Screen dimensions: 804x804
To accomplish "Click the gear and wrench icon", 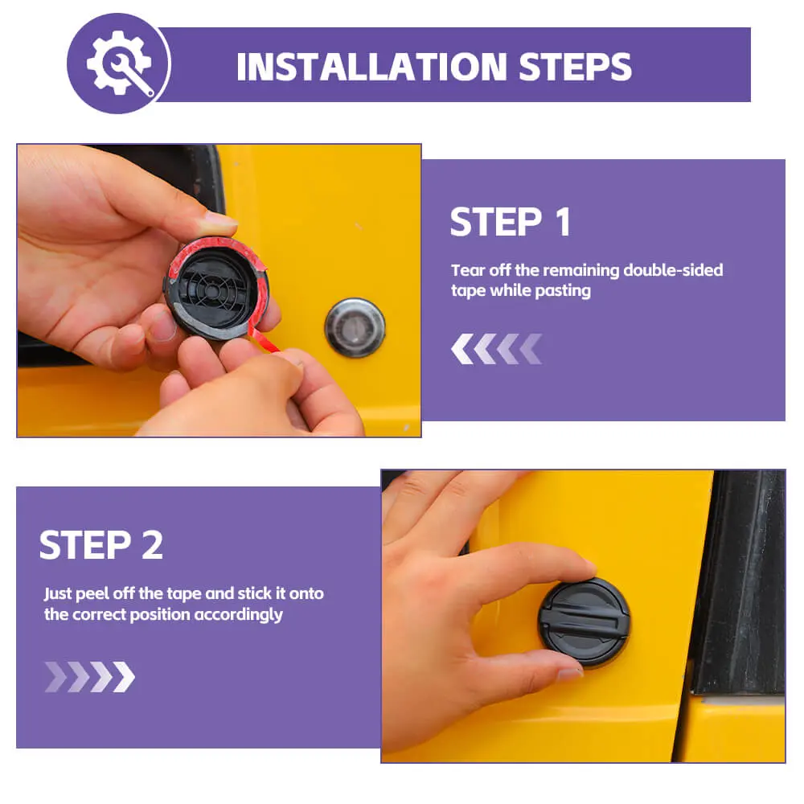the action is point(120,63).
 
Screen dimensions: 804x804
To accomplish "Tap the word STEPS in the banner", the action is point(576,68).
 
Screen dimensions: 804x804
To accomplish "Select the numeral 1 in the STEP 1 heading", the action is point(564,222).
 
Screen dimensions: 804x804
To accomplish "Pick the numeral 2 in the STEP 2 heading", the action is point(152,545).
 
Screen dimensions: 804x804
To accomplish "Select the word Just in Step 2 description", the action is point(57,594).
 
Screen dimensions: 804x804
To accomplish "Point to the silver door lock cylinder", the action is point(355,327).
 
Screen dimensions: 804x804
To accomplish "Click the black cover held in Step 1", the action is point(216,289).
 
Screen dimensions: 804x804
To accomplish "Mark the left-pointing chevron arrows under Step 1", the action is point(496,349).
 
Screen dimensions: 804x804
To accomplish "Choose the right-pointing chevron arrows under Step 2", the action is point(90,677).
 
